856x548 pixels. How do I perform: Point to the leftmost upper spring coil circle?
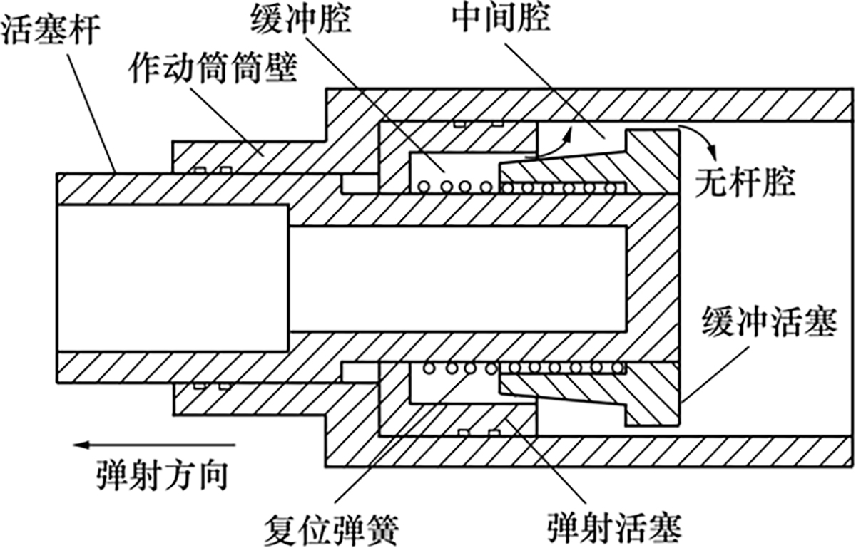coord(426,187)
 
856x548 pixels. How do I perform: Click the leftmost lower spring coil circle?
coord(429,368)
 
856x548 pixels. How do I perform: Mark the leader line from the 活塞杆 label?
coord(100,107)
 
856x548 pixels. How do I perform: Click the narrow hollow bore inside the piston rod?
coord(457,278)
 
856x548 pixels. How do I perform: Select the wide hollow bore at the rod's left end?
coord(171,278)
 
